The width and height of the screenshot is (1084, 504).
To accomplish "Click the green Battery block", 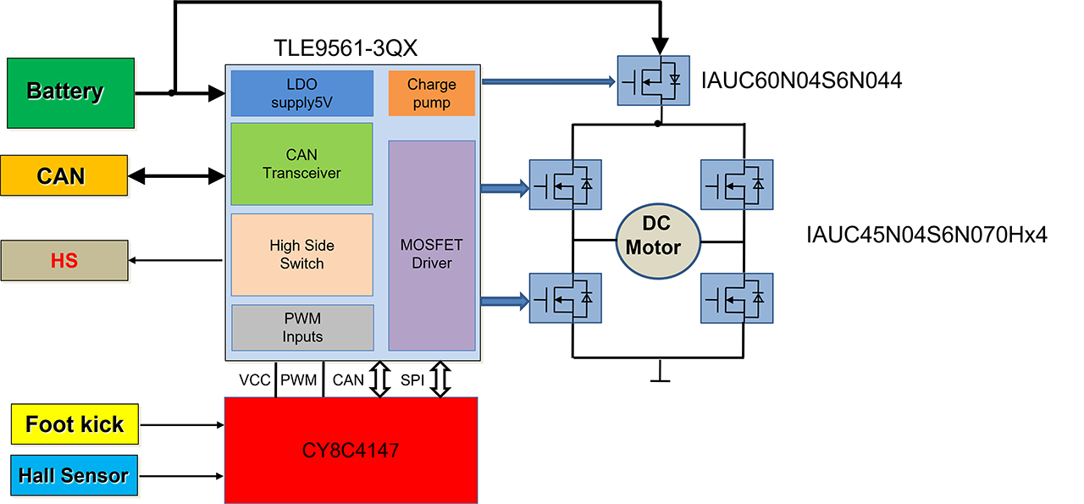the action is (70, 93).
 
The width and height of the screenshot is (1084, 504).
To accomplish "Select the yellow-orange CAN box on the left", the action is (64, 175).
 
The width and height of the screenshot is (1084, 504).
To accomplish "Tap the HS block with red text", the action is (64, 261).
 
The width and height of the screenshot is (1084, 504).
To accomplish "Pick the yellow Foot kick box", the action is (75, 424).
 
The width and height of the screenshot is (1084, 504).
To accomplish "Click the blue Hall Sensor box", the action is (74, 475).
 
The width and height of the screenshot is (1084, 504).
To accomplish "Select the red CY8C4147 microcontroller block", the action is (351, 451).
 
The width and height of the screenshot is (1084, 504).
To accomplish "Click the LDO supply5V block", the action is (302, 93).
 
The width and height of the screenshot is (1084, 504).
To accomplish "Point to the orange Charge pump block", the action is (432, 93).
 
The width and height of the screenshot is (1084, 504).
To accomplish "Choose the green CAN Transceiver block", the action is (302, 163).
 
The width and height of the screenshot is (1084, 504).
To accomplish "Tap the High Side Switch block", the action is (302, 255).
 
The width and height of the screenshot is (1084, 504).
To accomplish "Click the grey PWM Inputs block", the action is (302, 327).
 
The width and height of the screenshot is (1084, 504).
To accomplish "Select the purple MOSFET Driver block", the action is (432, 246).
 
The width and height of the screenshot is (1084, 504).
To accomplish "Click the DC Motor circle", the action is (658, 241).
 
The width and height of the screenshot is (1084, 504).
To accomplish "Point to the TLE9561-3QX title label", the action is (346, 48).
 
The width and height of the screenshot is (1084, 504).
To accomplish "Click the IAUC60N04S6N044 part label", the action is (801, 80).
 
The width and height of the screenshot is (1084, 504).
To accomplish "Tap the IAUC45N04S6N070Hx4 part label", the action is (926, 235).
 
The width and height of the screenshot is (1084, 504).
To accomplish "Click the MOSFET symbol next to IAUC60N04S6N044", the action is (653, 80).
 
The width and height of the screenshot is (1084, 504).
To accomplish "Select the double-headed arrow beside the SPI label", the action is (440, 379).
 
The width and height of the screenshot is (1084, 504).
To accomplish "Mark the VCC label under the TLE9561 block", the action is (255, 380).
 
